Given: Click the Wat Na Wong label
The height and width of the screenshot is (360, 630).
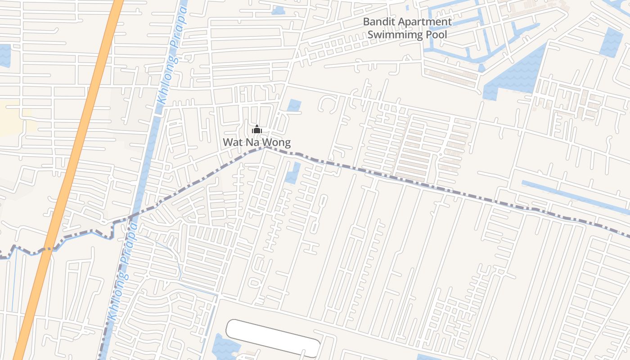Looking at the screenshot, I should pyautogui.click(x=256, y=143).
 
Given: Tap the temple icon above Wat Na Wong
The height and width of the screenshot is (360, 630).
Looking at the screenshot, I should pyautogui.click(x=257, y=130).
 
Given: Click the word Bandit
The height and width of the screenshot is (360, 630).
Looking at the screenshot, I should pyautogui.click(x=379, y=22).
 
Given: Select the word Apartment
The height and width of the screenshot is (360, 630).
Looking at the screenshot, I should pyautogui.click(x=425, y=22).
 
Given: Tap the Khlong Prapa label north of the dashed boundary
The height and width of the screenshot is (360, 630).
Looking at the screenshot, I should pyautogui.click(x=171, y=54).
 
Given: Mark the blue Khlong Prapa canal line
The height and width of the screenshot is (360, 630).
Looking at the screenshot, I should pyautogui.click(x=148, y=148).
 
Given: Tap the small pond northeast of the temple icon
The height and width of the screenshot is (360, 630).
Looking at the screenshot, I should pyautogui.click(x=294, y=105).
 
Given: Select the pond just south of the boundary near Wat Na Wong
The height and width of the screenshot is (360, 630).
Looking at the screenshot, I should pyautogui.click(x=293, y=173).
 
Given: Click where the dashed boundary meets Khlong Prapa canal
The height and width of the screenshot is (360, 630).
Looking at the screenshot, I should pyautogui.click(x=130, y=217).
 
